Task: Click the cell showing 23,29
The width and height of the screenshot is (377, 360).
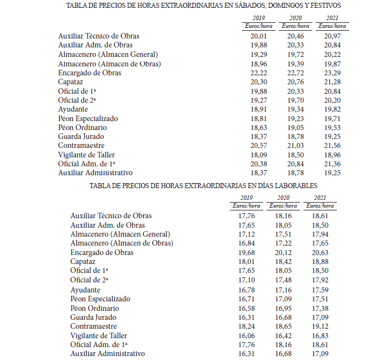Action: [332, 73]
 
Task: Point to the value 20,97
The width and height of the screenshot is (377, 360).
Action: [332, 36]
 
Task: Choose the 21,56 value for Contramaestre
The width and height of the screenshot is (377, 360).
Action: [332, 146]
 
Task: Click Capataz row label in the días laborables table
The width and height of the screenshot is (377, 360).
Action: [83, 261]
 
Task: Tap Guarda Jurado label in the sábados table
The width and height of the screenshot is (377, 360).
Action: [81, 137]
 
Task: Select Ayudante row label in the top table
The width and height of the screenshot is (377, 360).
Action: [73, 109]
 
